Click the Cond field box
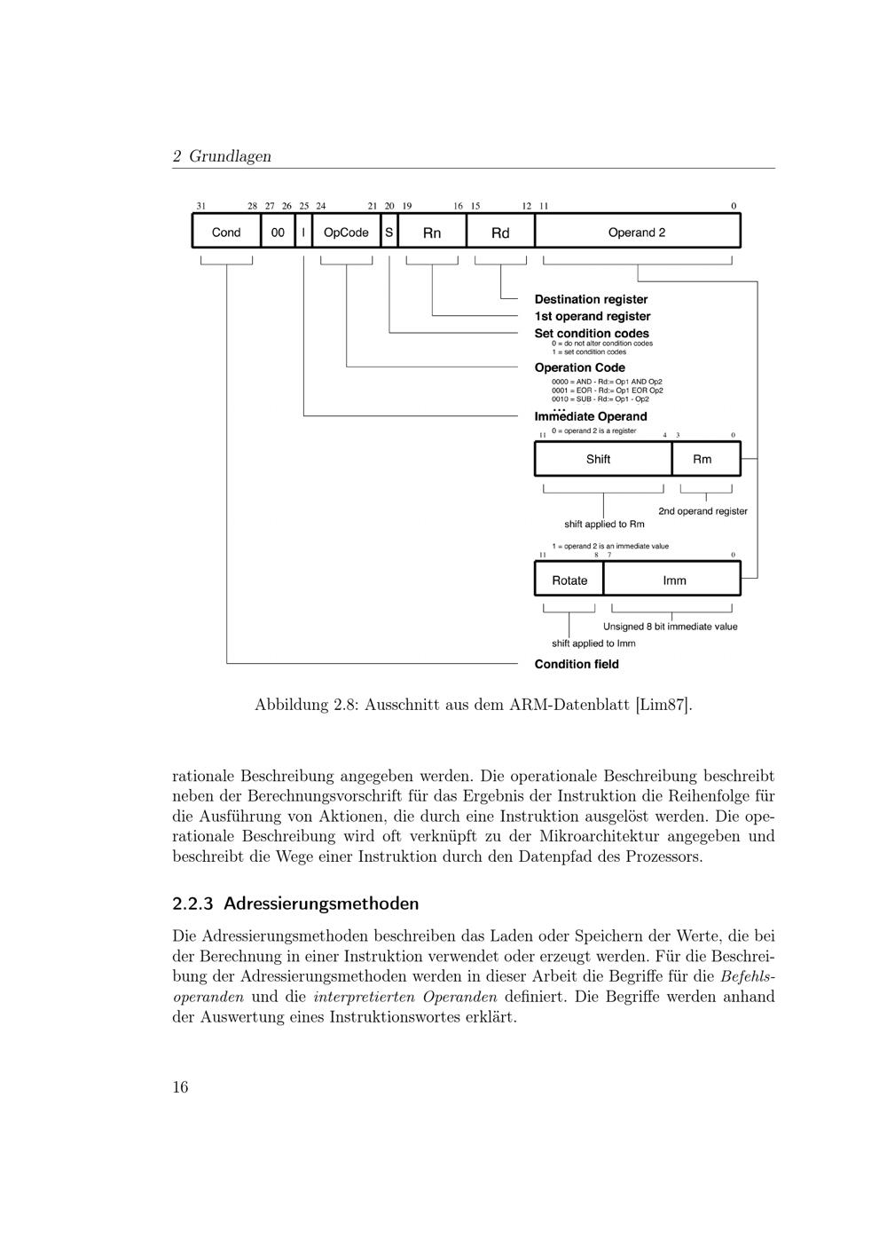coord(226,233)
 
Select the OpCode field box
coord(346,233)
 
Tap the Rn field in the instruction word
coord(432,233)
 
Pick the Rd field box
coord(500,233)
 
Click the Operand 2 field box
coord(637,233)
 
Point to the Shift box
coord(599,459)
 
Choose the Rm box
coord(703,459)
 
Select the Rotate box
coord(569,580)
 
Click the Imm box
coord(674,580)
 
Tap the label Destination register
coord(591,299)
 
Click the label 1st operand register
coord(593,316)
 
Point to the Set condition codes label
coord(592,333)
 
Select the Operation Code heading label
coord(579,367)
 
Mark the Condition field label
coord(577,664)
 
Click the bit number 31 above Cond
coord(201,206)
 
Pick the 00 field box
coord(278,233)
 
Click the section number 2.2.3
coord(192,904)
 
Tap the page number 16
coord(180,1087)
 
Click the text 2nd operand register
coord(703,511)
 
